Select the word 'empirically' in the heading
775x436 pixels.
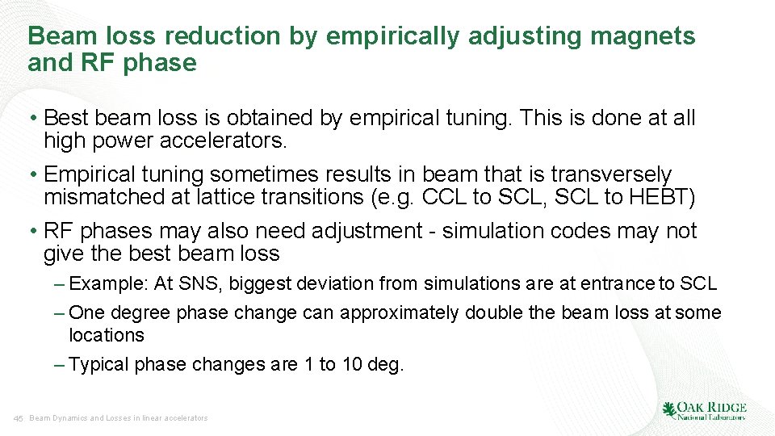tap(387, 36)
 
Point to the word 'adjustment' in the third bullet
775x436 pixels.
tap(354, 231)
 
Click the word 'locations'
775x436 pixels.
tap(107, 335)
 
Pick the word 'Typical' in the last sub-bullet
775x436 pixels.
tap(99, 364)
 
